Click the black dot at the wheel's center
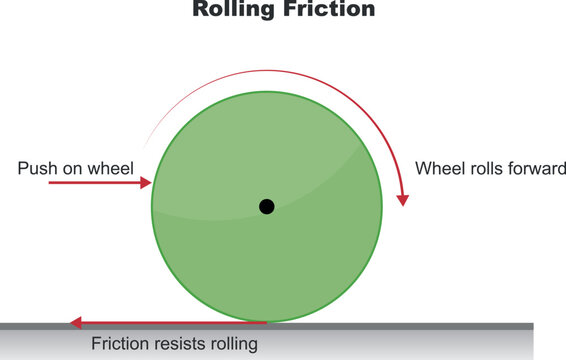pos(266,207)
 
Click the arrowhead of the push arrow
pos(146,184)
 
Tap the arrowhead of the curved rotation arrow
pos(403,198)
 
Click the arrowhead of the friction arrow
pos(75,323)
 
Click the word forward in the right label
pos(535,168)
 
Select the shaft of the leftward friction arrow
pos(170,323)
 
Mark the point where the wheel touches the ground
pos(267,322)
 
